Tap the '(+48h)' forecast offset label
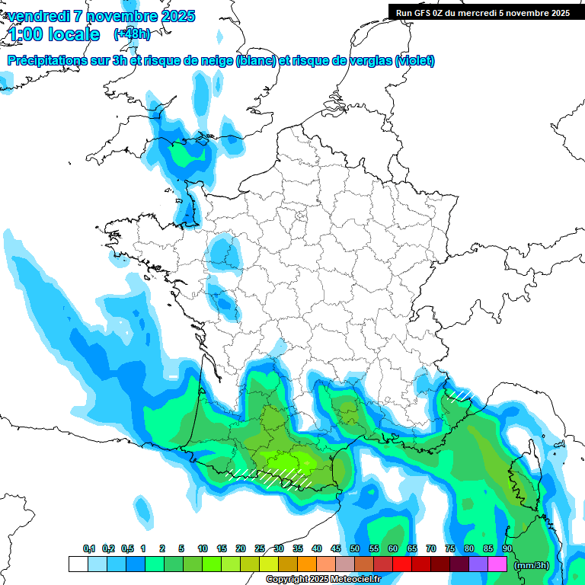[132, 34]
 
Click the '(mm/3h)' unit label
[530, 565]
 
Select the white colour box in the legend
[78, 564]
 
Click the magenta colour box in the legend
[497, 564]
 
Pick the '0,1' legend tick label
[89, 549]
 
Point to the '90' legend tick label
[507, 549]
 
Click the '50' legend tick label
[354, 549]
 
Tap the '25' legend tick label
[259, 549]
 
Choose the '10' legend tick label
[203, 549]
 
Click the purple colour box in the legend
[478, 564]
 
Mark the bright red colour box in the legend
[402, 564]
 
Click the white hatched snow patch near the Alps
[459, 395]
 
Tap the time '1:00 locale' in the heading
[53, 34]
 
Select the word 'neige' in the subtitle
[217, 61]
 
